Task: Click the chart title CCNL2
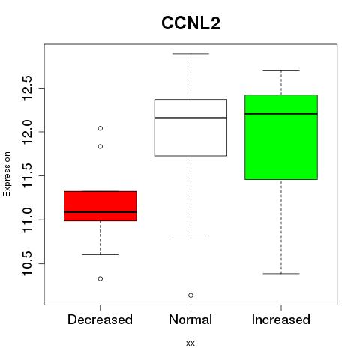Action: click(x=190, y=23)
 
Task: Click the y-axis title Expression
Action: click(x=7, y=174)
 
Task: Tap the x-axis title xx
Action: click(x=190, y=343)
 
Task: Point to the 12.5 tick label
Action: click(x=27, y=88)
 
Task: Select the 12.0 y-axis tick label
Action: click(x=27, y=132)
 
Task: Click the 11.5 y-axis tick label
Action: click(x=27, y=175)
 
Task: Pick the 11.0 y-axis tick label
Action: click(x=27, y=220)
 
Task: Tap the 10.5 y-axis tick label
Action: click(x=27, y=263)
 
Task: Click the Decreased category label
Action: click(x=100, y=319)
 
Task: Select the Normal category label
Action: click(x=190, y=319)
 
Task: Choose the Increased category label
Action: click(x=281, y=319)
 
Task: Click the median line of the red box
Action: click(x=100, y=212)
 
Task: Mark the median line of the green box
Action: click(x=281, y=114)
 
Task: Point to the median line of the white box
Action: click(x=190, y=118)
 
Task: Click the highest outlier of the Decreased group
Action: click(x=100, y=128)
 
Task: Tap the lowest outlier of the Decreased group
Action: click(x=100, y=278)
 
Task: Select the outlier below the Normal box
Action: click(x=190, y=295)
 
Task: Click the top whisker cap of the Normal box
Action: click(x=190, y=54)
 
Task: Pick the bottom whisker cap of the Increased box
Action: click(x=281, y=274)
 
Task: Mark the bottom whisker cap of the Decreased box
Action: click(x=100, y=254)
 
